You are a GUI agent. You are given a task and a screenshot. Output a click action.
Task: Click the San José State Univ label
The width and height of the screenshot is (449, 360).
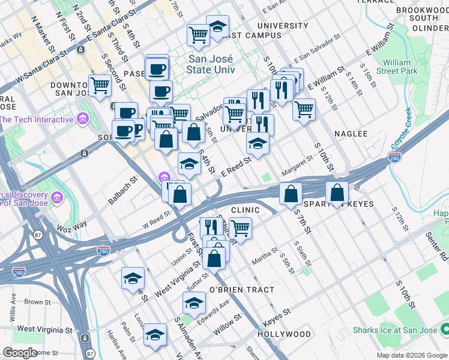tap(212, 64)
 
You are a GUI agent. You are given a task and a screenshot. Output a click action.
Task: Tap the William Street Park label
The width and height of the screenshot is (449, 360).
tap(397, 67)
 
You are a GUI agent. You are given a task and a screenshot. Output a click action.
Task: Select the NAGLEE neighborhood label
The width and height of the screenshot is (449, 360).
tap(351, 134)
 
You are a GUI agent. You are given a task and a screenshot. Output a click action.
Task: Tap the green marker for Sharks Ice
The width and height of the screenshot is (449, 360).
tap(445, 329)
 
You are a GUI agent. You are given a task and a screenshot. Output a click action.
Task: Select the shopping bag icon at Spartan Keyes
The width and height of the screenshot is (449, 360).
tap(337, 193)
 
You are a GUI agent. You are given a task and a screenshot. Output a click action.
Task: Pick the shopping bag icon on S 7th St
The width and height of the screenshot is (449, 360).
tap(291, 193)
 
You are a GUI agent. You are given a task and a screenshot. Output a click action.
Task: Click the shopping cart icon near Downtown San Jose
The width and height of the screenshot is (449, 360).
tap(100, 86)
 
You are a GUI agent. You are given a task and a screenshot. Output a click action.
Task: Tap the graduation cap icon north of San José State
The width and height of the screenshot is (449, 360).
tap(217, 26)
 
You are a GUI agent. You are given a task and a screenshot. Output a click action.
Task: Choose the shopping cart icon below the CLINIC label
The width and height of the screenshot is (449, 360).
tap(240, 228)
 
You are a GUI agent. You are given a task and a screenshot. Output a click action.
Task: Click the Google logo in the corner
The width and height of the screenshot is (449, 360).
tap(20, 353)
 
